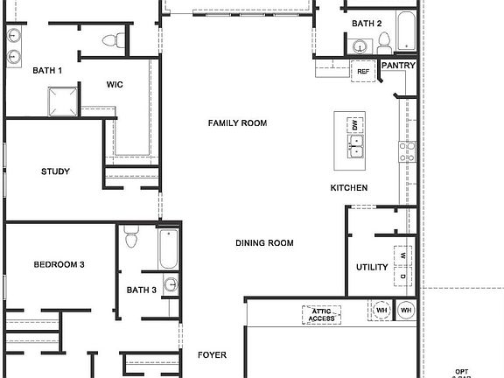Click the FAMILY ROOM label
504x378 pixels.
[237, 123]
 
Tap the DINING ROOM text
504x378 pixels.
[264, 243]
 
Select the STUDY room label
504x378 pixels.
[55, 171]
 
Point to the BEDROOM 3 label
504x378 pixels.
[59, 264]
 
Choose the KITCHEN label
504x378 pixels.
[348, 188]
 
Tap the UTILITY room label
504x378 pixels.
[372, 268]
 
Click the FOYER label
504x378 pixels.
[212, 355]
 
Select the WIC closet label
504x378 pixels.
[115, 85]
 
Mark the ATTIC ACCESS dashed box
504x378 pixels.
[320, 314]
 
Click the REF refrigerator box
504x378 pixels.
[362, 69]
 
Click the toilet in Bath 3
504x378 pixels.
[132, 238]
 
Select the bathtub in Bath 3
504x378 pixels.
[169, 248]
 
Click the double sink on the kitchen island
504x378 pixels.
[356, 150]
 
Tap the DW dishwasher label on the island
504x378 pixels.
[355, 127]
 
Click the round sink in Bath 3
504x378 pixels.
[170, 284]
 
